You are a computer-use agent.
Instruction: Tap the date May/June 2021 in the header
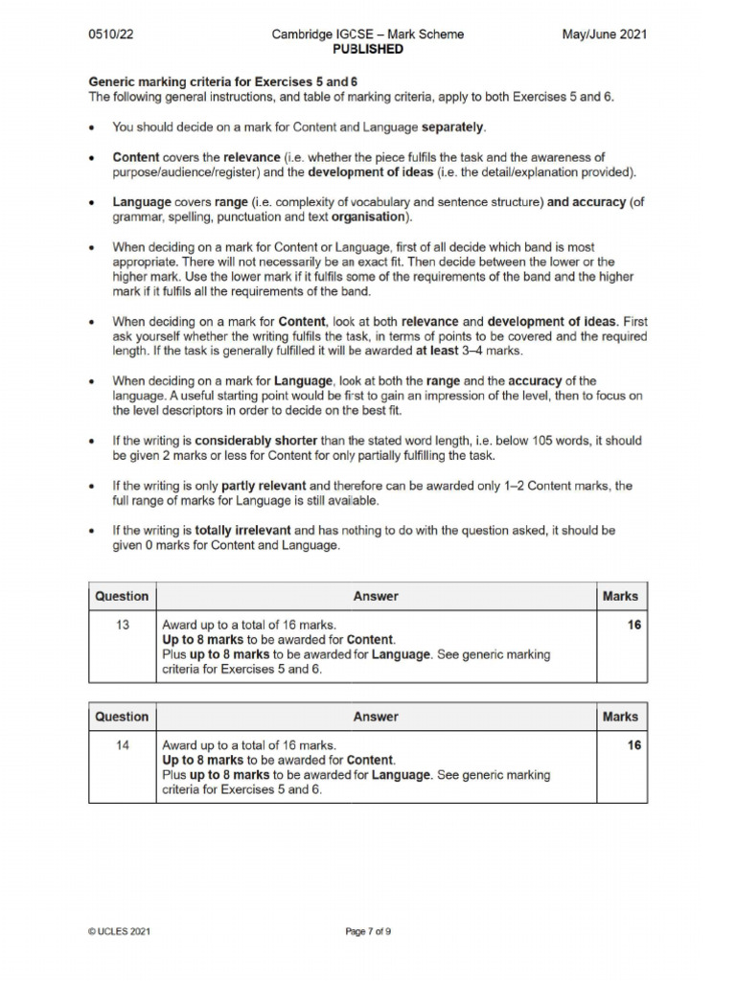point(604,34)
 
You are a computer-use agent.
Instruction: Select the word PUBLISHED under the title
point(367,49)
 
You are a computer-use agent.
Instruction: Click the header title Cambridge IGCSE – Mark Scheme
point(367,34)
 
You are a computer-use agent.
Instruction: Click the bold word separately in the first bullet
point(452,126)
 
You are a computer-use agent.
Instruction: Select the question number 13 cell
point(122,626)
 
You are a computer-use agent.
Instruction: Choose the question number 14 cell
point(122,745)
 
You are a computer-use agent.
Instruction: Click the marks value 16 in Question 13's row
point(633,626)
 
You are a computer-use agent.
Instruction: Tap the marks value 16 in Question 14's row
point(633,745)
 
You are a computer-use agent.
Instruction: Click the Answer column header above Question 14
point(375,717)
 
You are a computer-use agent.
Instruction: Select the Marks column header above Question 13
point(619,596)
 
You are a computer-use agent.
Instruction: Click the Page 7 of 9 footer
point(368,930)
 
